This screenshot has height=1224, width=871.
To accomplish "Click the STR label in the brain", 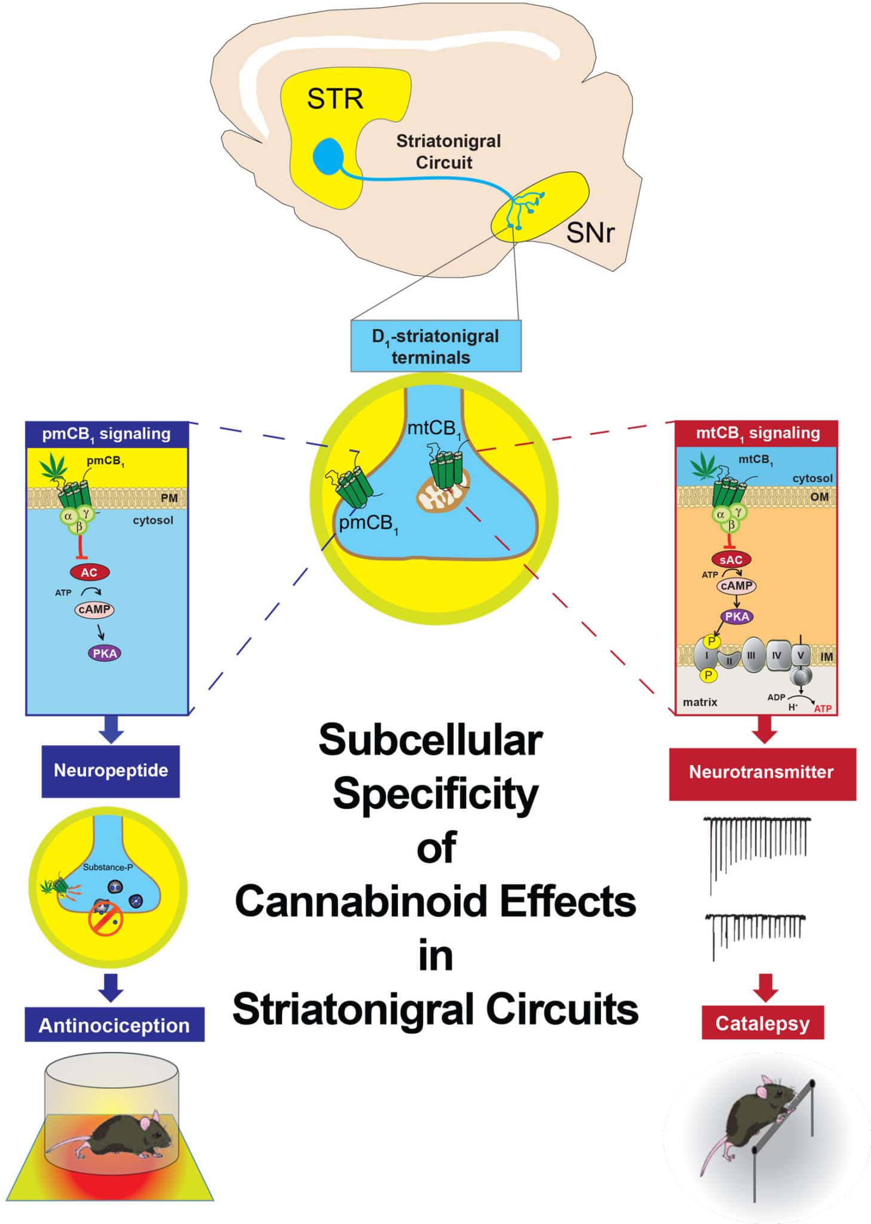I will point(335,99).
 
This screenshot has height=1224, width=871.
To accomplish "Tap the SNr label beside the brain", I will point(590,232).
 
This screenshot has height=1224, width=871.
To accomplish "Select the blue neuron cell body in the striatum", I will point(327,157).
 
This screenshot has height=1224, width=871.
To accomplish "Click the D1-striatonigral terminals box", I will point(435,346).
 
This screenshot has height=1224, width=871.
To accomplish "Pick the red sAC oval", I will point(731,559).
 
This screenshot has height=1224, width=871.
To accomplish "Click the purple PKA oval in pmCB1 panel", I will point(105,653).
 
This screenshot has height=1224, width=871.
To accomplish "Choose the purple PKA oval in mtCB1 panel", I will point(737,617).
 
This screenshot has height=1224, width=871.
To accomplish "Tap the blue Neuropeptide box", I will point(111,770).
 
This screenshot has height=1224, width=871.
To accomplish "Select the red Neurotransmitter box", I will point(762,772).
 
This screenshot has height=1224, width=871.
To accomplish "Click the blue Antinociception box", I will point(114,1026).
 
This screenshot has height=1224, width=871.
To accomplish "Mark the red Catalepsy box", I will point(762,1024).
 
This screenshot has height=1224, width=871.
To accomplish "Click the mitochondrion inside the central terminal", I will point(443,493).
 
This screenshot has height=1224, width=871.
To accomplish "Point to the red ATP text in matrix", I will point(823,709).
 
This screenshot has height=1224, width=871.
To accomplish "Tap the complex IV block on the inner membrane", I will point(777,656).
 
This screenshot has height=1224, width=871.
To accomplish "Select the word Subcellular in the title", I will point(430,740).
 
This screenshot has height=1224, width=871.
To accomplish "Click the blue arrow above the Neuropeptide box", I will point(111,729).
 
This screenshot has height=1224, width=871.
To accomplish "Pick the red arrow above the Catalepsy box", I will point(765,987).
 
